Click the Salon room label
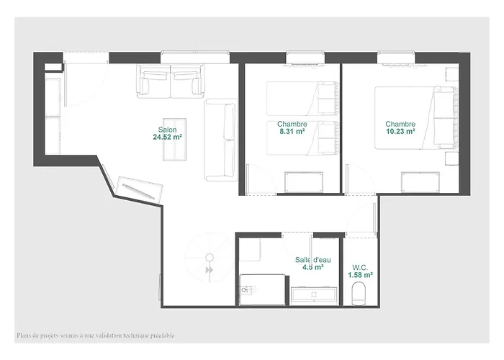coord(167,130)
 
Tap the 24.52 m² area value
coord(168,138)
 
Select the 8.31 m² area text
coord(292,131)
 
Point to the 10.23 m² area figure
coord(400,131)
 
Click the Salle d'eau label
coord(312,260)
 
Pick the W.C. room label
coord(360,267)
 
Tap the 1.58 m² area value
coord(360,275)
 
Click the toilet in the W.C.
coord(359,293)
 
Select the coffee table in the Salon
coord(174,140)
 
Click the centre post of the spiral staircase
coord(210,257)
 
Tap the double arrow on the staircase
coord(210,270)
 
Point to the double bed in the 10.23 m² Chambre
coord(417,117)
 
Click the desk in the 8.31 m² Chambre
coord(304,183)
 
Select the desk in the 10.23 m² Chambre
coord(420,183)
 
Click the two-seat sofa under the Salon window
coord(171,81)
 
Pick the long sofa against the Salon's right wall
coord(221,140)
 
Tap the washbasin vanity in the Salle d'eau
coord(314,294)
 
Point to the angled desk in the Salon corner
coord(140,189)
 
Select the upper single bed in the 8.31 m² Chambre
coord(303,99)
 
